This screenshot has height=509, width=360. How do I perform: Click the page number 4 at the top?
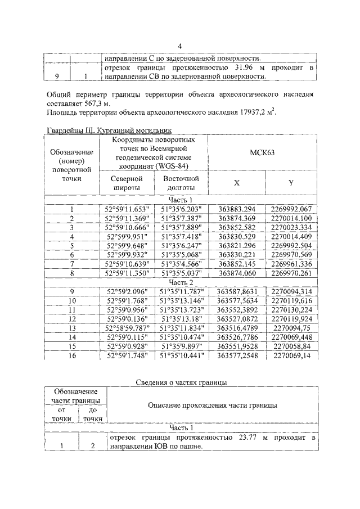pyautogui.click(x=180, y=47)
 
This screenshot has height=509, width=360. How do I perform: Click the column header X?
pyautogui.click(x=236, y=182)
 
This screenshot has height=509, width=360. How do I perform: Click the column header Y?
pyautogui.click(x=290, y=182)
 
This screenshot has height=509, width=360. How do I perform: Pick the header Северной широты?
pyautogui.click(x=125, y=182)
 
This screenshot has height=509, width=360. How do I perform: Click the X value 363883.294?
pyautogui.click(x=236, y=210)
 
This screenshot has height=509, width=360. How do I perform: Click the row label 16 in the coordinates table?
pyautogui.click(x=71, y=355)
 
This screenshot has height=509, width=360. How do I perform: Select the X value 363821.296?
pyautogui.click(x=236, y=245)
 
